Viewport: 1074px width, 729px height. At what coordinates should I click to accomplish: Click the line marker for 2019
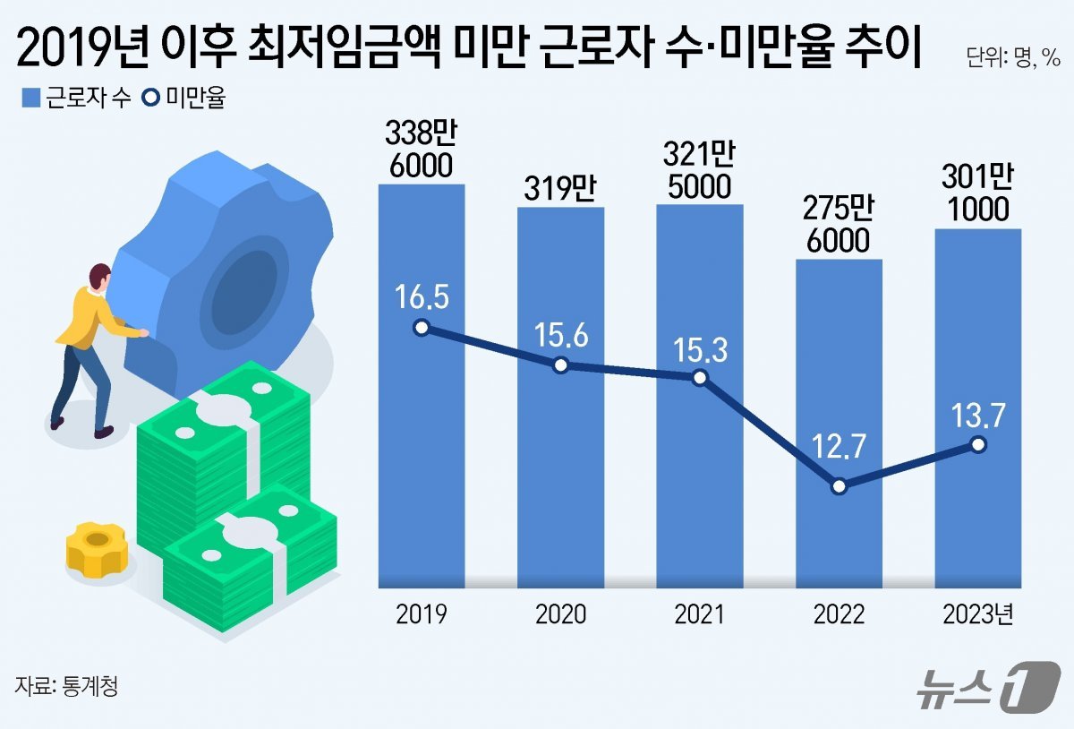point(422,328)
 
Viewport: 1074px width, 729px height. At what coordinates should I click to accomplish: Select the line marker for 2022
point(840,486)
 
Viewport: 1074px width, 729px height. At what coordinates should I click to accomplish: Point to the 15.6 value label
point(560,335)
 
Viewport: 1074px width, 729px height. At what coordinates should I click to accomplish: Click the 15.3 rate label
point(700,347)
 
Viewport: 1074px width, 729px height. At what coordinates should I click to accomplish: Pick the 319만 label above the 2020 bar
point(560,191)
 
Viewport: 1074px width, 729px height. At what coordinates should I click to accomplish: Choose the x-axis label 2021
point(700,614)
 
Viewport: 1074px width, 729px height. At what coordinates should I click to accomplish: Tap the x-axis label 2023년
point(979,614)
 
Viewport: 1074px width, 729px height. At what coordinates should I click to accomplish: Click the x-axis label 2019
point(422,614)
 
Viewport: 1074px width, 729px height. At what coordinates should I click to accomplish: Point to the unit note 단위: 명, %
point(1013,61)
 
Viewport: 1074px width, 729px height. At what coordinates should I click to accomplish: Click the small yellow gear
point(97,547)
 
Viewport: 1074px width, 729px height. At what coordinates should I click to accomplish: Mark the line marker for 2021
point(700,378)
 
